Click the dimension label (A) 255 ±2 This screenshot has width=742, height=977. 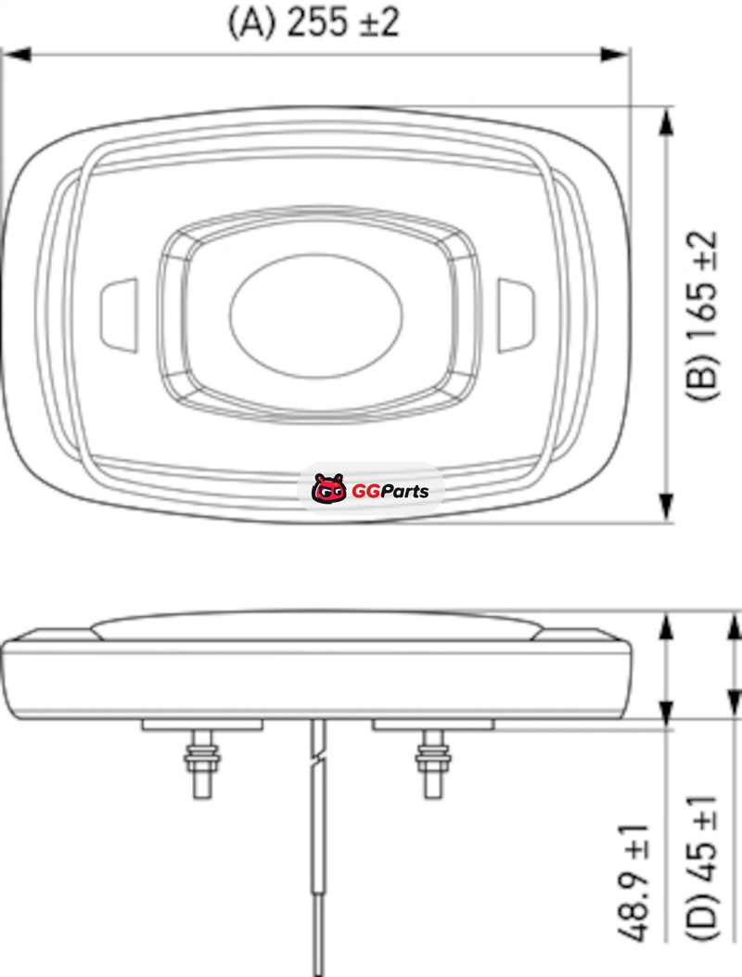(x=313, y=22)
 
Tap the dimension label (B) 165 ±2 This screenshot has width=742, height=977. (x=702, y=315)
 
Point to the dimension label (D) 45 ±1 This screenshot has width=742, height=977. (x=702, y=868)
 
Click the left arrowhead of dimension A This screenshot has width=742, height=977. (x=17, y=54)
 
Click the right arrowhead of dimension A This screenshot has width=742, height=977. (x=614, y=54)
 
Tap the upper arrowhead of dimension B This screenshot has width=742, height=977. (x=666, y=121)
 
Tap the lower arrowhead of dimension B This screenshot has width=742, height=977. (x=666, y=506)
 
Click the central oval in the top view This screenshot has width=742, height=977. (x=316, y=315)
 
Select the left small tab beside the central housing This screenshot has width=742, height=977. (x=119, y=315)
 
